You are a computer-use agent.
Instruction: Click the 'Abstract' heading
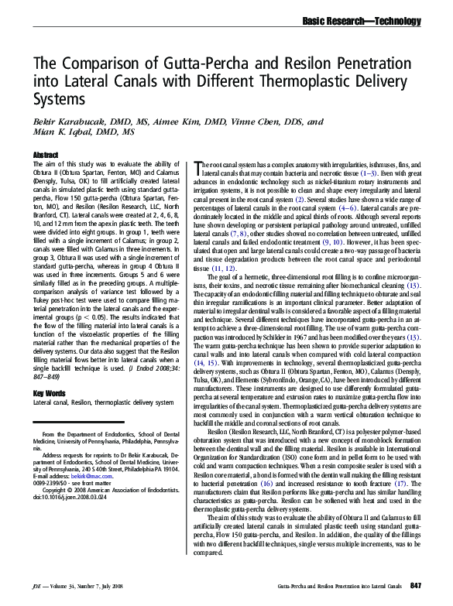coord(46,156)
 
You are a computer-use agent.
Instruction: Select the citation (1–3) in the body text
coord(391,175)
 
